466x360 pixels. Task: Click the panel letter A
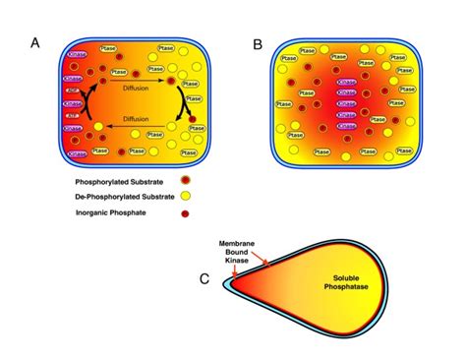(36, 43)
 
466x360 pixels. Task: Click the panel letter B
(258, 43)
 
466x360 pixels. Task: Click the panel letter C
(204, 278)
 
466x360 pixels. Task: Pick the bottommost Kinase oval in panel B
(346, 127)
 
